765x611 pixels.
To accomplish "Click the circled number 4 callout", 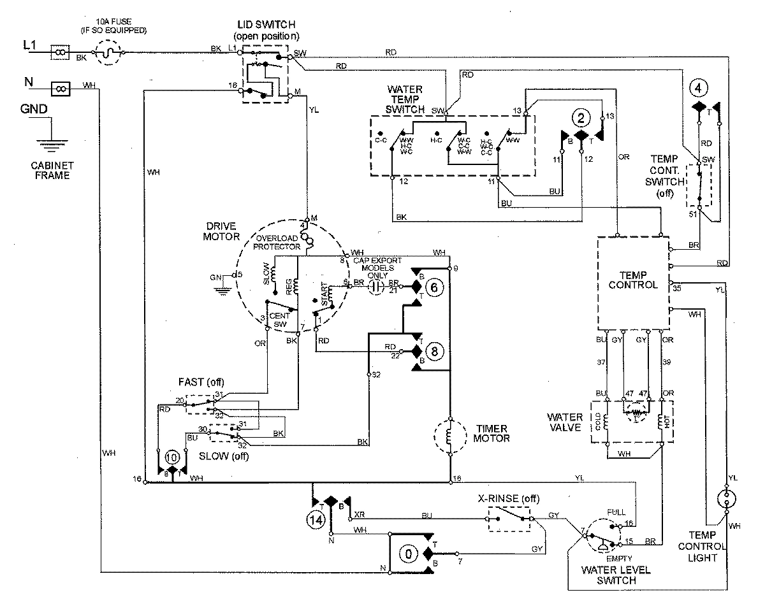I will tap(699, 87).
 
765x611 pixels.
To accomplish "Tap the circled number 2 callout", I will tap(580, 117).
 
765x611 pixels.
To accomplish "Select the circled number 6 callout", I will tap(434, 288).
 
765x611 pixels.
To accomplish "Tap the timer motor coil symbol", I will tap(450, 436).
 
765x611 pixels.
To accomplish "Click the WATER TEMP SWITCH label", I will tap(405, 99).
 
